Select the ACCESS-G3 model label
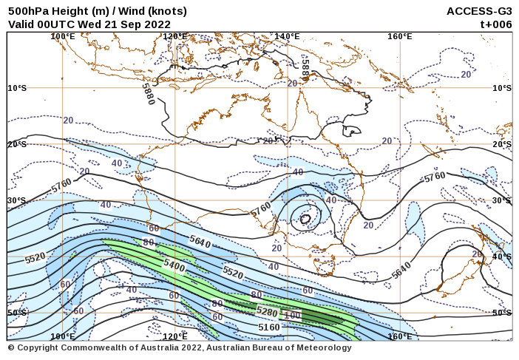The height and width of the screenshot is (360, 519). coord(479,11)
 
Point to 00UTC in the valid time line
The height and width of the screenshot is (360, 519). coord(62,24)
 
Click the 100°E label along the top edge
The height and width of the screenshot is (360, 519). coord(62,36)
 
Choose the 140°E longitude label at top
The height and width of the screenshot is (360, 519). coord(287,36)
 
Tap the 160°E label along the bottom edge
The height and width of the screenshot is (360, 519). coord(399,336)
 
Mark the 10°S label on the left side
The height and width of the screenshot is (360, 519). coord(17,88)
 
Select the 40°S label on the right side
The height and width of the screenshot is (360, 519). coord(502,257)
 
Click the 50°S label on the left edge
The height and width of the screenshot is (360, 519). coord(17,313)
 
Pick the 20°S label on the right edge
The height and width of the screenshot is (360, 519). coord(502,144)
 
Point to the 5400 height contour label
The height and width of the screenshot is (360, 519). coord(174,264)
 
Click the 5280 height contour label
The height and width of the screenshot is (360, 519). coord(267,312)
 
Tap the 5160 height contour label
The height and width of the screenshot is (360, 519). coord(269,327)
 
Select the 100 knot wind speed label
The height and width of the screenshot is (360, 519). coord(293,316)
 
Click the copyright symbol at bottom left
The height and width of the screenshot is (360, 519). coord(11,347)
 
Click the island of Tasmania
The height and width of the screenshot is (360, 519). coord(324,265)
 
